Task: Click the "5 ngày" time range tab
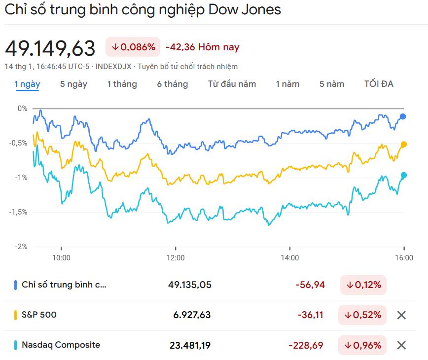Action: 73,84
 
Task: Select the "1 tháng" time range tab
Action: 122,84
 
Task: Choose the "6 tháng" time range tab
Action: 172,84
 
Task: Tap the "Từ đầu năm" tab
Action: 232,84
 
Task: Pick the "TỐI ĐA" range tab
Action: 379,84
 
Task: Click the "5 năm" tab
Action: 332,84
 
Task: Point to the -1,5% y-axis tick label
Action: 18,212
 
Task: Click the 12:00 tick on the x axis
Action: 176,257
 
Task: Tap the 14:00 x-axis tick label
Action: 290,257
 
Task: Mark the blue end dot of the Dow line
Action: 403,116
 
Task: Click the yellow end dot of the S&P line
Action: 404,144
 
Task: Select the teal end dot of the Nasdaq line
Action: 404,175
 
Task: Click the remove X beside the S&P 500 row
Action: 401,315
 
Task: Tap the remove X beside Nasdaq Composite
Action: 401,345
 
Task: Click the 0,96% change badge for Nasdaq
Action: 362,345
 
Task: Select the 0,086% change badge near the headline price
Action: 133,47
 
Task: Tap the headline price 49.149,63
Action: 50,48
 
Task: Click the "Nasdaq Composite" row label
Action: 61,345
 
